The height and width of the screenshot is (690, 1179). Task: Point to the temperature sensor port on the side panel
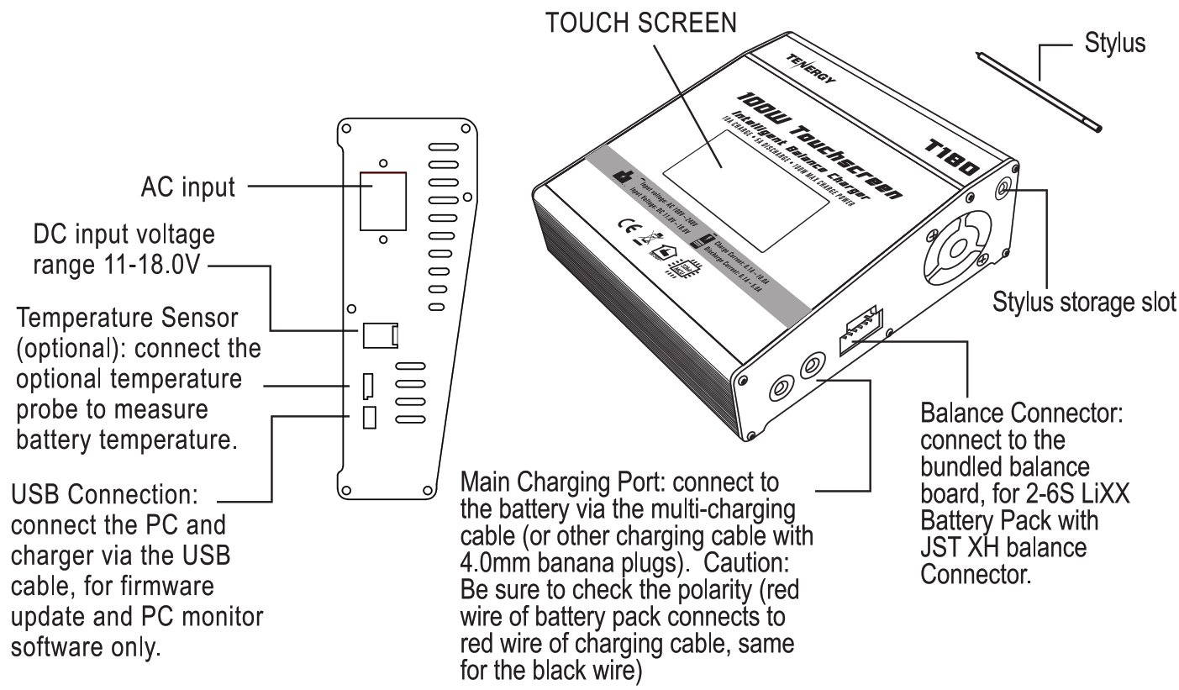368,387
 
